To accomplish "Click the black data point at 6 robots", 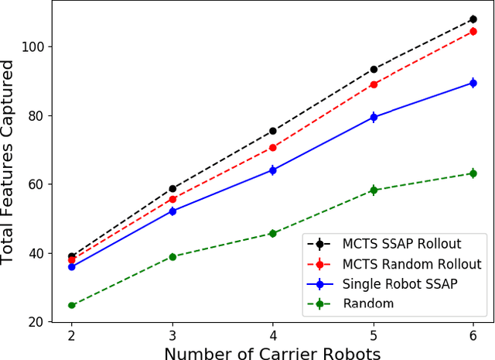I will pyautogui.click(x=473, y=19).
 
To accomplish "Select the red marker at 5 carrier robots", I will pyautogui.click(x=374, y=84).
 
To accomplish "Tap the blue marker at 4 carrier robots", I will pyautogui.click(x=272, y=170).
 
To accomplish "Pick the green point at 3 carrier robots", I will pyautogui.click(x=172, y=256).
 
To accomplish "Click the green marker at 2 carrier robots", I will pyautogui.click(x=72, y=305).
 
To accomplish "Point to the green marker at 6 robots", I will pyautogui.click(x=473, y=173).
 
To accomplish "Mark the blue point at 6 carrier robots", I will pyautogui.click(x=473, y=83).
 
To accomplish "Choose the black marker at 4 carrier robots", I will pyautogui.click(x=272, y=131).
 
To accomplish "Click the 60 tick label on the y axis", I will pyautogui.click(x=40, y=184).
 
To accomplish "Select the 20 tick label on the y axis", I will pyautogui.click(x=40, y=322).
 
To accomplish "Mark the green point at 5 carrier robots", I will pyautogui.click(x=374, y=190).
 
